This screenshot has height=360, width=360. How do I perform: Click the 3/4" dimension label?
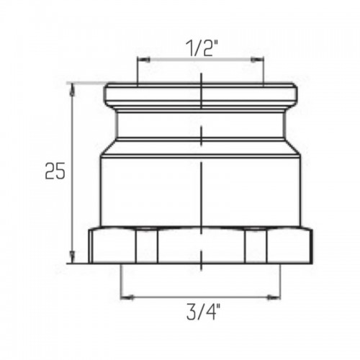click(203, 312)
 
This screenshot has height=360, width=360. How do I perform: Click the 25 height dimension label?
click(55, 171)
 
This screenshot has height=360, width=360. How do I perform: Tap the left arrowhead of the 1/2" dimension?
click(143, 60)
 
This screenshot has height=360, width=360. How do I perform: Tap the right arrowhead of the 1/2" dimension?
click(257, 60)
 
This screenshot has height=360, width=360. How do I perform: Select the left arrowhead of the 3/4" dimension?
click(127, 297)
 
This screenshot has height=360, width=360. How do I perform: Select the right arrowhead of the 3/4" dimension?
click(274, 297)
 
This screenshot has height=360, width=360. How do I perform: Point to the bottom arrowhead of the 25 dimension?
click(72, 257)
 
